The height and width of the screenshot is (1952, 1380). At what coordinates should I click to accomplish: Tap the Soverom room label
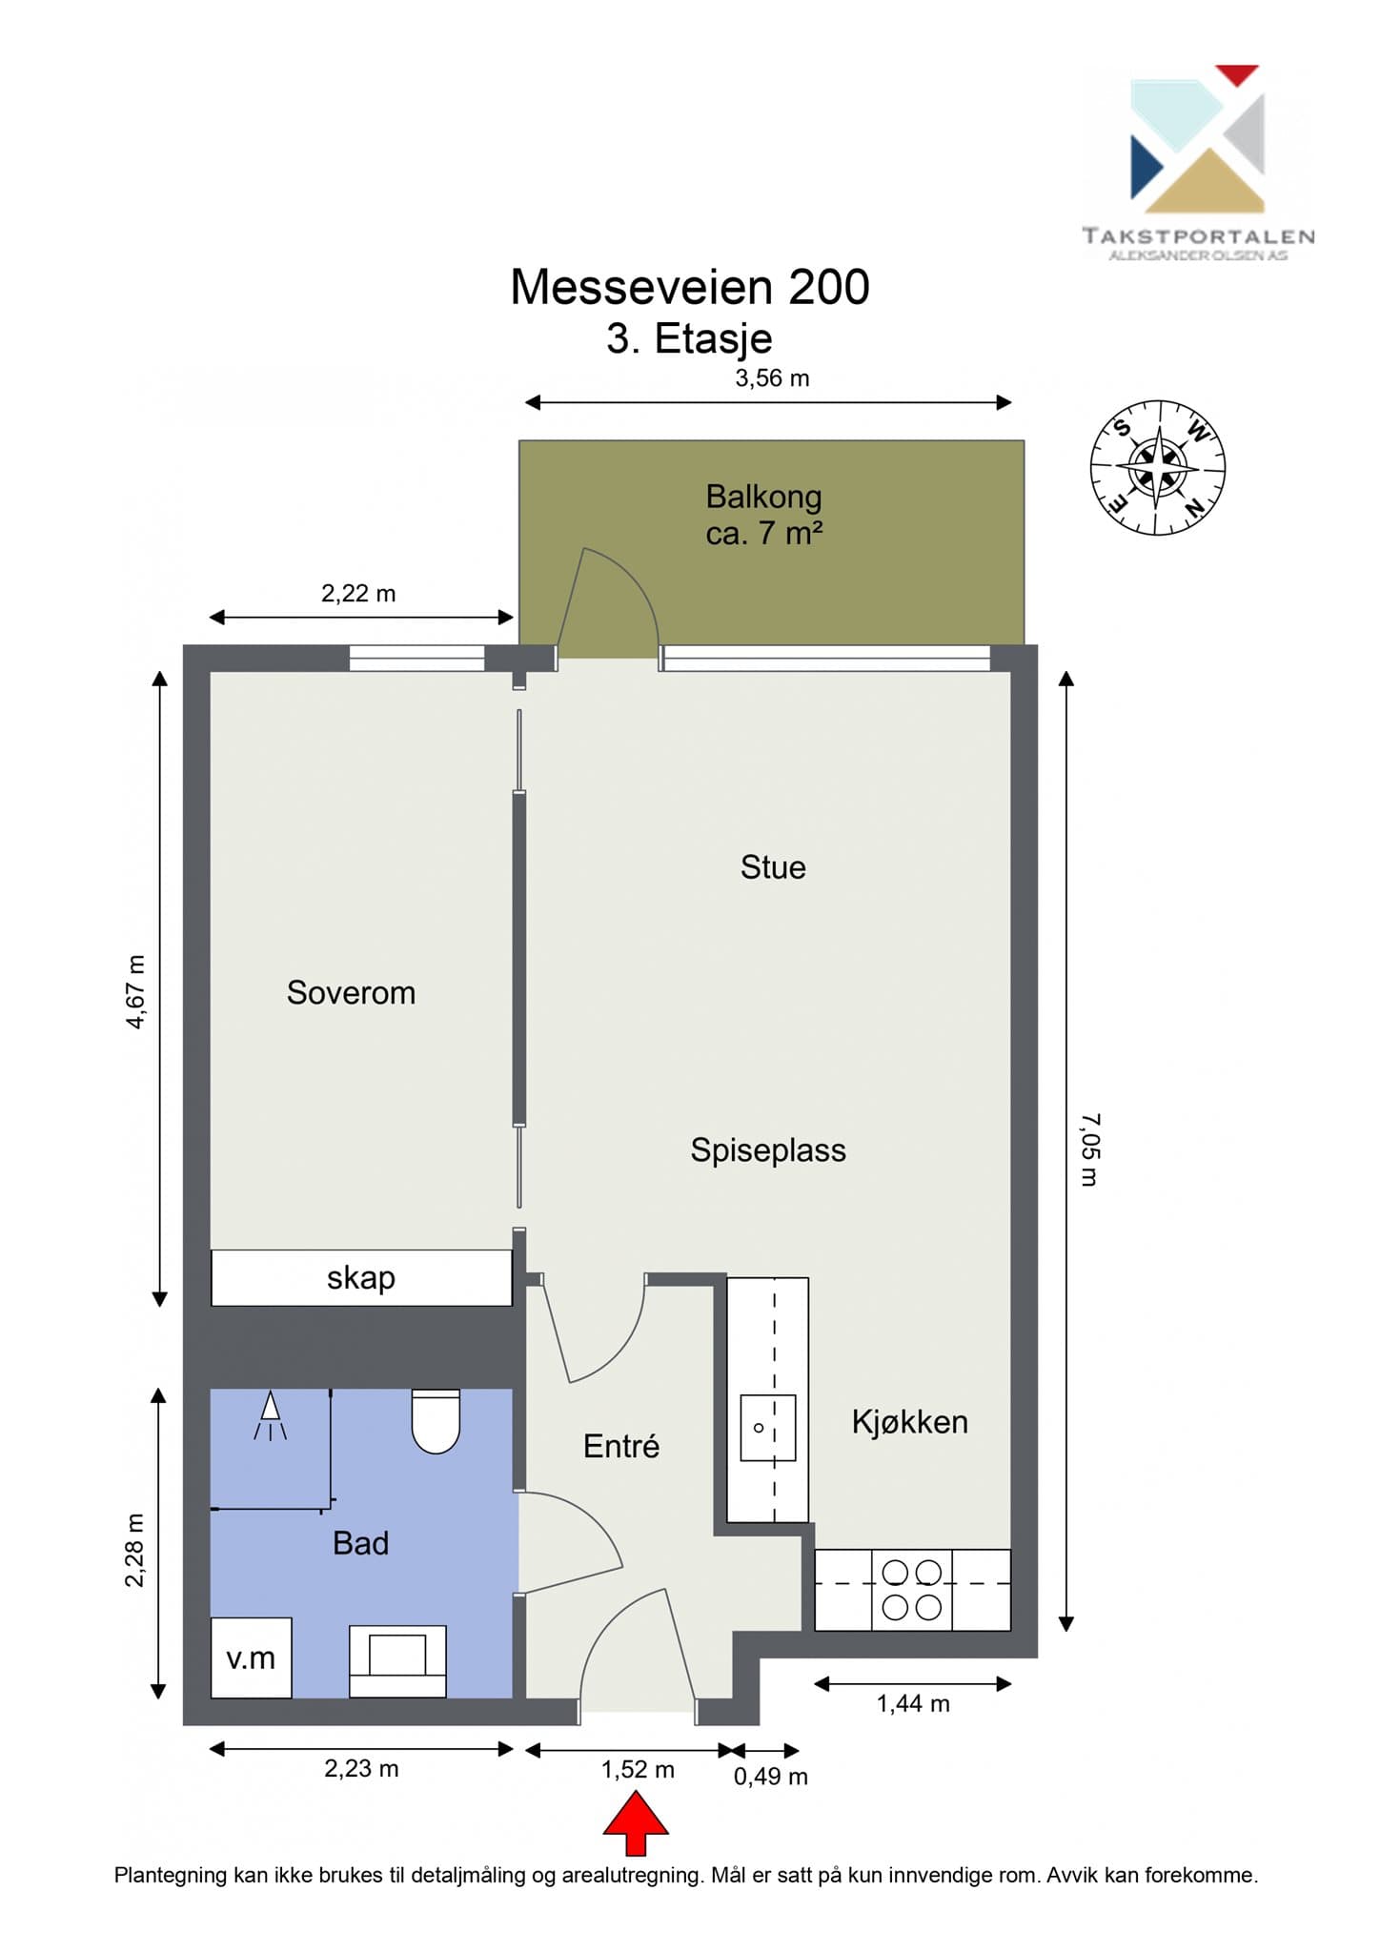tap(351, 992)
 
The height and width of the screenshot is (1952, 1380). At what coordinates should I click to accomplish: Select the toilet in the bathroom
tap(436, 1421)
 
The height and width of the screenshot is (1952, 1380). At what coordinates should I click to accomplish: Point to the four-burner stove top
tap(912, 1590)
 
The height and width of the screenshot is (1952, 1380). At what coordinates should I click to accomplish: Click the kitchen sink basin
tap(768, 1428)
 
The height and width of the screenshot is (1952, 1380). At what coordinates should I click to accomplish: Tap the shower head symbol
tap(271, 1415)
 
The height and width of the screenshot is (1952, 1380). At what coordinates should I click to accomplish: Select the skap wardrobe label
tap(361, 1277)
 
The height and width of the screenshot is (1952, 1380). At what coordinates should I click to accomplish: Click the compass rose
tap(1158, 467)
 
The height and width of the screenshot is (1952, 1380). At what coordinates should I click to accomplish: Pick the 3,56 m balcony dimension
tap(772, 378)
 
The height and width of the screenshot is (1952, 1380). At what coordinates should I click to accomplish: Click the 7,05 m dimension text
tap(1089, 1149)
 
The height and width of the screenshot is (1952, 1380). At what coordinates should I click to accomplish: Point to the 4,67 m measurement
tap(136, 991)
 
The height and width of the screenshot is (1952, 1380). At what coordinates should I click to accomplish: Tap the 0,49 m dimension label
tap(771, 1776)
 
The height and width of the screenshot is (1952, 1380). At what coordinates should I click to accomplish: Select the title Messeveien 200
tap(690, 287)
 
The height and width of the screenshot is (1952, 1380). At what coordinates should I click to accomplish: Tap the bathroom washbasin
tap(397, 1661)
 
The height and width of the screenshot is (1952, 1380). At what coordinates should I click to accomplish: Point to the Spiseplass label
tap(768, 1150)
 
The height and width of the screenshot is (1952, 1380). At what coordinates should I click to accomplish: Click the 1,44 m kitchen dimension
tap(913, 1703)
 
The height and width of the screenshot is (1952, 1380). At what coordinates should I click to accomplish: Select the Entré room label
tap(621, 1446)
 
